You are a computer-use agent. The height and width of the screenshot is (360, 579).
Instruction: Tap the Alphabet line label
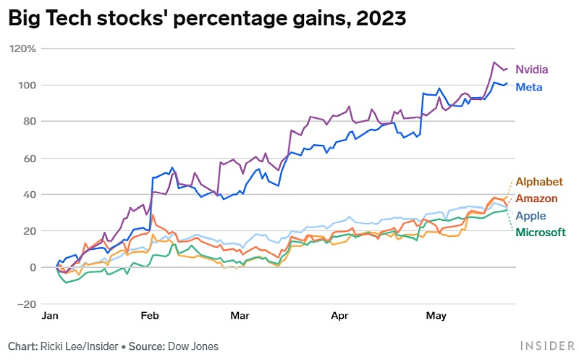(538, 181)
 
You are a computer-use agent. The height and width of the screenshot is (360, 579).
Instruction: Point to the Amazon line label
(536, 198)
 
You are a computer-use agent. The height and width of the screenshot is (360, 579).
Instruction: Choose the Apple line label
(531, 216)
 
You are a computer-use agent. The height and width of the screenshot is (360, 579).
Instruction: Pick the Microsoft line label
(540, 233)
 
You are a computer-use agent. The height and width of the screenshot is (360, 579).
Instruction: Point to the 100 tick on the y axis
(29, 85)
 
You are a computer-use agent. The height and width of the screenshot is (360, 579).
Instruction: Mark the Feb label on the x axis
(150, 317)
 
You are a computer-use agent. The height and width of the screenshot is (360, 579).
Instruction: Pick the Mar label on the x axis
(240, 317)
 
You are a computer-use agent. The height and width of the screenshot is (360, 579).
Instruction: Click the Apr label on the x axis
(340, 317)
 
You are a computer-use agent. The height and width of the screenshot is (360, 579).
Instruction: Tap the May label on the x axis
(436, 317)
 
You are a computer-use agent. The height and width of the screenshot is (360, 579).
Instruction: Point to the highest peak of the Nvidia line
(494, 62)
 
